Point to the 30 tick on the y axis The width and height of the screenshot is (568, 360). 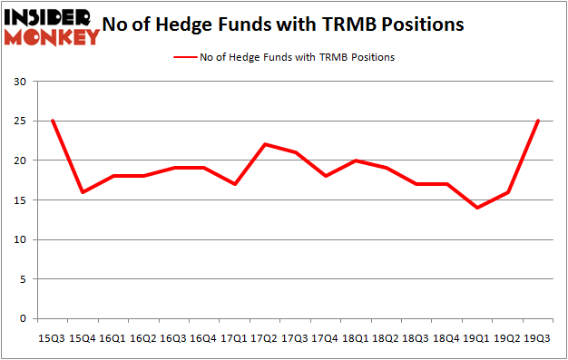coord(19,82)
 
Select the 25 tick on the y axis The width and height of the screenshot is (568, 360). coord(19,122)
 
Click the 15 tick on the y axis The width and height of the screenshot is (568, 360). coord(19,200)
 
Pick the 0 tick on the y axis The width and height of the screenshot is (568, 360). coord(22,319)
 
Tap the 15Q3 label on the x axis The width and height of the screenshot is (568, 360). coord(52,336)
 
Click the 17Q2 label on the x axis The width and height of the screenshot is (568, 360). coord(263,336)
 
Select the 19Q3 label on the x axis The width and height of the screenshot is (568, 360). coord(537,336)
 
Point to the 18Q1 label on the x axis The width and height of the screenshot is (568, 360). coord(355,336)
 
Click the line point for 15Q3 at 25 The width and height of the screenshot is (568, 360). coord(52,121)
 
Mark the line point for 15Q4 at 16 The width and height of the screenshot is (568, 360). coord(83,192)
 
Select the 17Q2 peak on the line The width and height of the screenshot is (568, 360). coord(263,144)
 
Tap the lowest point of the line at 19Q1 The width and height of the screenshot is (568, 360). coord(476,208)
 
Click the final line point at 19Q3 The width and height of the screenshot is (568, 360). coord(537,121)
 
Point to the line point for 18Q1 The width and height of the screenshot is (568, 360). coord(355,161)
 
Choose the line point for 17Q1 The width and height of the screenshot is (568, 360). coord(233,184)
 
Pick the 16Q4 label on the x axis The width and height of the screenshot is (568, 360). coord(203,336)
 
